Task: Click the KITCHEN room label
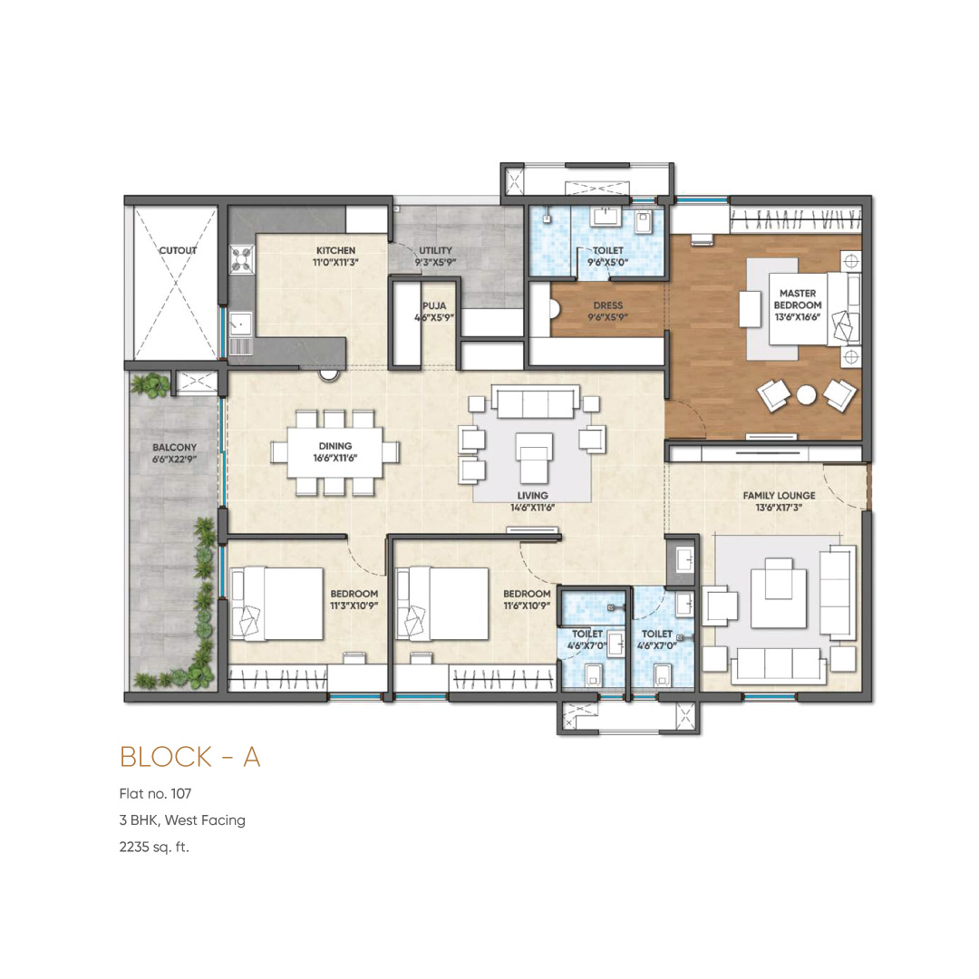tap(335, 250)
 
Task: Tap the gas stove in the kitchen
tap(242, 260)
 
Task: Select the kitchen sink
tap(240, 324)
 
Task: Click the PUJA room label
tap(434, 306)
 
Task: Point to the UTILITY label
tap(435, 250)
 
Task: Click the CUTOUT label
tap(178, 250)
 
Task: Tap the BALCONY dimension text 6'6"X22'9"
tap(174, 460)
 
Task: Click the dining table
tap(334, 452)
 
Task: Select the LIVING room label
tap(533, 495)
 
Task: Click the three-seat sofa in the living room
tap(536, 401)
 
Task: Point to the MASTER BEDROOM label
tap(798, 299)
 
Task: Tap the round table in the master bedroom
tap(806, 394)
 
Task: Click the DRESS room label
tap(608, 305)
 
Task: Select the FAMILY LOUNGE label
tap(779, 495)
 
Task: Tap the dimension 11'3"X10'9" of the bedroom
tap(354, 606)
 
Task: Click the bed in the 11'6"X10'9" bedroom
tap(442, 604)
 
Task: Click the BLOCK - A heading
tap(189, 757)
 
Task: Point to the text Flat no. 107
tap(156, 793)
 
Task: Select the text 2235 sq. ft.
tap(153, 848)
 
